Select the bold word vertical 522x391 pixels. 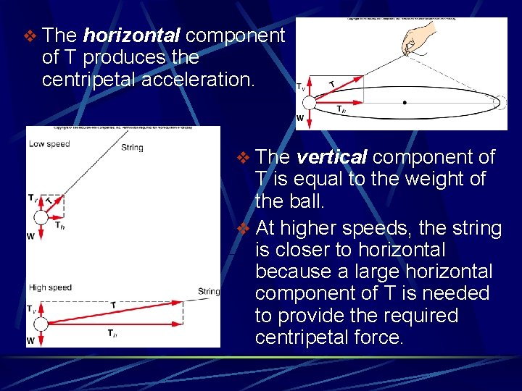332,156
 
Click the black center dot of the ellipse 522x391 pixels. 405,102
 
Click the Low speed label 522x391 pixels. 49,143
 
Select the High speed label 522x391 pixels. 50,287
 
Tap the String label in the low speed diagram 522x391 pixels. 132,148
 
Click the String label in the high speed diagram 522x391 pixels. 208,292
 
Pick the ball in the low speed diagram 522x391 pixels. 41,216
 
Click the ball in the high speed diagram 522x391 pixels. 41,324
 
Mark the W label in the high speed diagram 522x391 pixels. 30,340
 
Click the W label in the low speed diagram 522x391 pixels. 30,235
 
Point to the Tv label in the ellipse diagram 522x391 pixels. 300,86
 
